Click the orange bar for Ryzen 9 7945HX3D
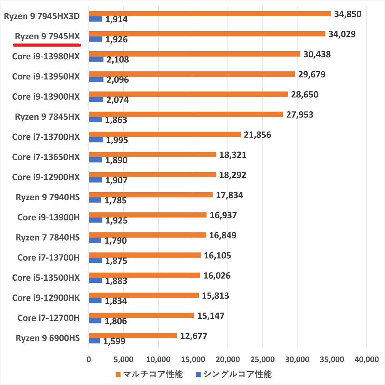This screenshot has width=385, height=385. click(x=210, y=14)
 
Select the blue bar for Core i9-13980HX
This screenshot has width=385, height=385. click(x=96, y=59)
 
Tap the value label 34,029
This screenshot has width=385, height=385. click(x=342, y=34)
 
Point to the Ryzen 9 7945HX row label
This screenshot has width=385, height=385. click(x=47, y=37)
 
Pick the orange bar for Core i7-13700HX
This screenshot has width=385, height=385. click(x=165, y=134)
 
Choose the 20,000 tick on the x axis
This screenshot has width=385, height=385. click(x=228, y=359)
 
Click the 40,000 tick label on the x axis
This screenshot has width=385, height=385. click(x=366, y=359)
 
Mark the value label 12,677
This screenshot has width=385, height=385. click(x=194, y=336)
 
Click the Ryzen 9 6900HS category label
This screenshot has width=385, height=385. click(x=48, y=338)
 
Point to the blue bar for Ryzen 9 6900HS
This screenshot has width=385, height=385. click(x=94, y=341)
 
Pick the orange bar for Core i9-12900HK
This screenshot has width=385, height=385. click(x=144, y=295)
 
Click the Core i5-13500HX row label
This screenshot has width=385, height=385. click(x=46, y=278)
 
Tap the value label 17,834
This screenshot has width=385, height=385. click(x=229, y=195)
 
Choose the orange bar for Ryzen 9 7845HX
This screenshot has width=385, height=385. click(x=186, y=114)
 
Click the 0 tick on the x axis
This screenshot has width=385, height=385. click(x=89, y=359)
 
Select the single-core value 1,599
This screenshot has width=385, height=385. click(x=114, y=341)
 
